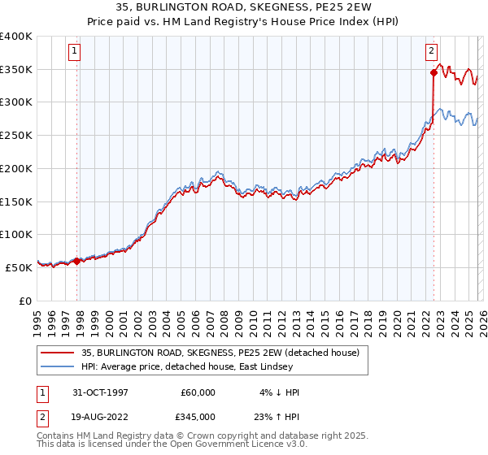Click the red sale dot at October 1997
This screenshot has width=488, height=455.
click(77, 261)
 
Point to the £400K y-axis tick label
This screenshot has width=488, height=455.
click(16, 37)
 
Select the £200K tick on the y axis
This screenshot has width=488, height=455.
click(16, 168)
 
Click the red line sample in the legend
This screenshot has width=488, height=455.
click(58, 353)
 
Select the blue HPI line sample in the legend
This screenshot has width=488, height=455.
click(58, 366)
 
